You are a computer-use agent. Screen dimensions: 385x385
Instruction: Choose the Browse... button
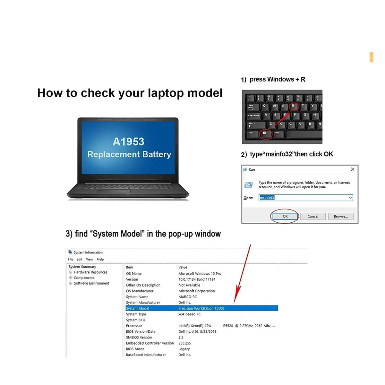pos(340,216)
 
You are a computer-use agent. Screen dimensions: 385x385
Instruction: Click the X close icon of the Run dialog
pos(352,169)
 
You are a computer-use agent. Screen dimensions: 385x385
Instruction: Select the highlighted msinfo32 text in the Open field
pos(267,197)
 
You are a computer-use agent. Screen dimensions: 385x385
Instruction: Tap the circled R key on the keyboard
pos(293,106)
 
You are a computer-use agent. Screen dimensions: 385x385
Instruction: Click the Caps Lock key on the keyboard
pos(253,116)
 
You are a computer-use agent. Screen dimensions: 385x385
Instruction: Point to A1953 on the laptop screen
pos(128,142)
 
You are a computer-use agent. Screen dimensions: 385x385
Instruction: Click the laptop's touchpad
pos(114,192)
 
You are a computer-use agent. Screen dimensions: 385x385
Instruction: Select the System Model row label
pos(137,308)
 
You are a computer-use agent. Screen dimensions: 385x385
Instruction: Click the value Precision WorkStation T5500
pos(201,308)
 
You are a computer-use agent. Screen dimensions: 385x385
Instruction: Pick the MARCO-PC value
pos(187,297)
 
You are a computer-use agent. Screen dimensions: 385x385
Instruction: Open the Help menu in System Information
pos(100,259)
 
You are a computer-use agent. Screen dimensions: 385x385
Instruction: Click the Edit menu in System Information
pos(79,259)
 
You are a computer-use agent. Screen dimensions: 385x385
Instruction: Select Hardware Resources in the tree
pos(90,272)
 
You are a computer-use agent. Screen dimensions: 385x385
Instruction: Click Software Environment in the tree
pos(91,283)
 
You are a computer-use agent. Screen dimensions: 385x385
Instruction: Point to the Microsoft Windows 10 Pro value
pos(200,274)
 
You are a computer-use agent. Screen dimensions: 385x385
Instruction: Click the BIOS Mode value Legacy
pos(184,349)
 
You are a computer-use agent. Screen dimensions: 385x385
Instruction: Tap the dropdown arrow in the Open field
pos(350,198)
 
